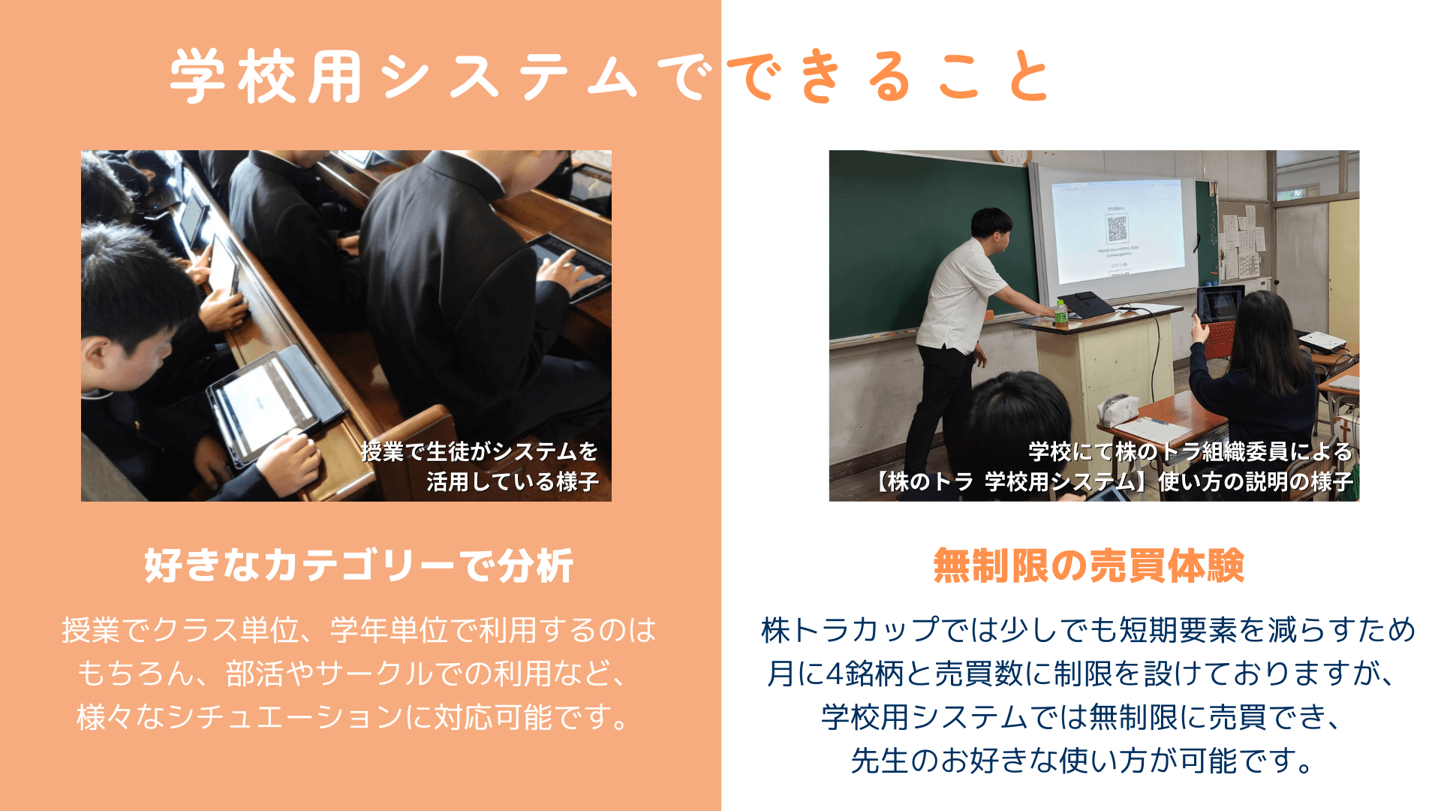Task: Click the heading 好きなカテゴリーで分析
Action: click(x=359, y=565)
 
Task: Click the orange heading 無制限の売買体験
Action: click(x=1088, y=565)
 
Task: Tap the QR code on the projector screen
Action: click(x=1117, y=228)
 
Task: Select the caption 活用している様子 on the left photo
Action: click(x=513, y=481)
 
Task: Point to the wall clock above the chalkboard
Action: click(x=1010, y=156)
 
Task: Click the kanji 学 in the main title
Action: click(x=197, y=77)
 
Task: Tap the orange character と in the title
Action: click(x=1028, y=77)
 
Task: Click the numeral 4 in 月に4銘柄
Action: click(x=835, y=674)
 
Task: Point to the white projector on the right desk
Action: click(x=1322, y=341)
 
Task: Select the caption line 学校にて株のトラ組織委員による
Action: click(x=1191, y=451)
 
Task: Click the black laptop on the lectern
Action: click(x=1086, y=304)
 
